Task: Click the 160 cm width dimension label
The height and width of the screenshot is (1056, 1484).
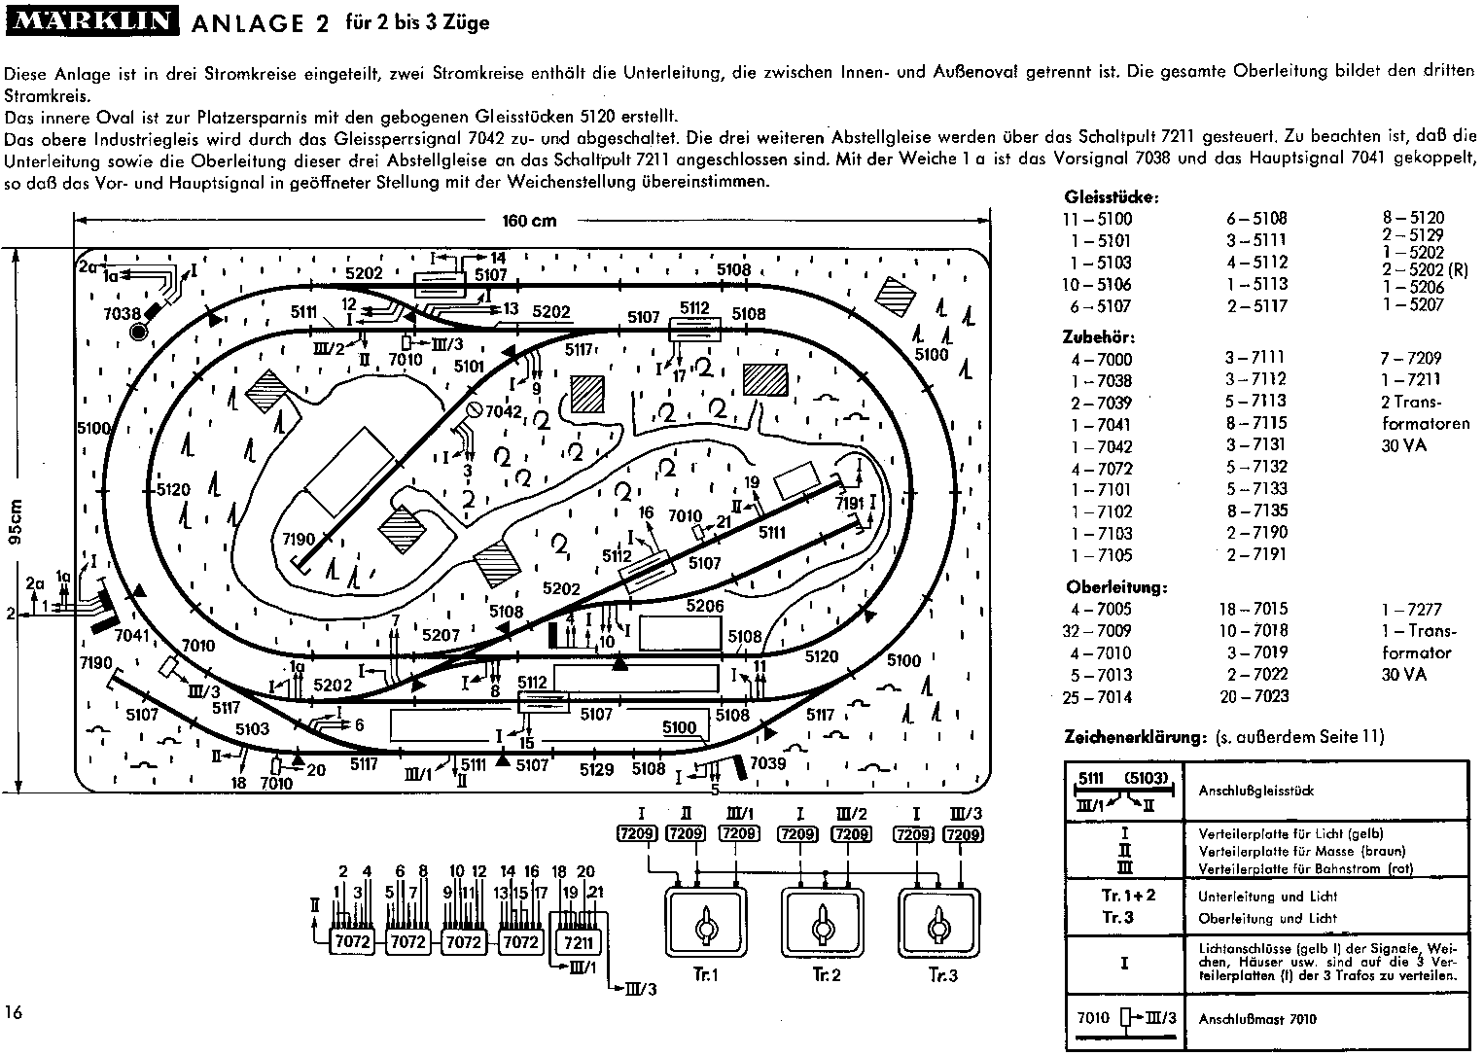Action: pos(529,221)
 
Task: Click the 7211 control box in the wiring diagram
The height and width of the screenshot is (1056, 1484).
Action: pos(578,942)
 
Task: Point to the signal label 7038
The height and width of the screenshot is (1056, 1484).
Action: pos(124,313)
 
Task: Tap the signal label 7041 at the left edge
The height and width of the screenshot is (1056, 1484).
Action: pos(133,636)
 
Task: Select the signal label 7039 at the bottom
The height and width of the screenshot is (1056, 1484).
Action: pos(767,763)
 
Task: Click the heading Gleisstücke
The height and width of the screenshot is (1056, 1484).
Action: pos(1112,197)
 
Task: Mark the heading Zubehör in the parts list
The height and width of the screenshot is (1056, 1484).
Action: pos(1100,337)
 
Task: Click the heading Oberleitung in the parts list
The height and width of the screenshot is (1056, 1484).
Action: pos(1116,587)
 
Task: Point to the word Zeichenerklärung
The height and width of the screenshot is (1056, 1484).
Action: pos(1136,738)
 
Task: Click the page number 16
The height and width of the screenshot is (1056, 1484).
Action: pos(14,1012)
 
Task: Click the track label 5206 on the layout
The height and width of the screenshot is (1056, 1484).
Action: pos(704,606)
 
